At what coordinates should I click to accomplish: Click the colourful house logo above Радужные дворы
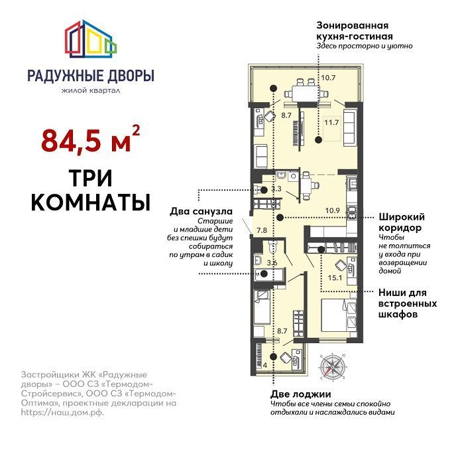point(91,39)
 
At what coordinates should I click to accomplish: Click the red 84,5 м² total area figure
point(90,140)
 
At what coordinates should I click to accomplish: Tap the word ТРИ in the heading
point(91,179)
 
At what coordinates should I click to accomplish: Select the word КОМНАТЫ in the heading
point(91,202)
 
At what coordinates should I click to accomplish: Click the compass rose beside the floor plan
point(333,367)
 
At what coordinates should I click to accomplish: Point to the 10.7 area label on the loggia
point(328,78)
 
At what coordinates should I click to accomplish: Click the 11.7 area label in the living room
point(331,122)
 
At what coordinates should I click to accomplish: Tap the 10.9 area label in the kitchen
point(332,210)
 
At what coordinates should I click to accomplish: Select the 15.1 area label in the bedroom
point(335,278)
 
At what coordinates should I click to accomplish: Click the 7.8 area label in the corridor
point(262,230)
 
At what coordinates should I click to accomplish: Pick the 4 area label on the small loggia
point(265,365)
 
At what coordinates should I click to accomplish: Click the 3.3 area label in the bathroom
point(276,189)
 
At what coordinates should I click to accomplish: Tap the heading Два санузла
point(202,212)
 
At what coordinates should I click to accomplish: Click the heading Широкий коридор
point(402,222)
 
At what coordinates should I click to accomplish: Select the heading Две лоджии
point(301,394)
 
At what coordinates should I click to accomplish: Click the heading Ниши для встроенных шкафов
point(408,303)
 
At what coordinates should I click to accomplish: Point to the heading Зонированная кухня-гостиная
point(355,31)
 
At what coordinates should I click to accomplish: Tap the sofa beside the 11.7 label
point(349,127)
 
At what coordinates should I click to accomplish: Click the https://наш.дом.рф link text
point(62,412)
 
